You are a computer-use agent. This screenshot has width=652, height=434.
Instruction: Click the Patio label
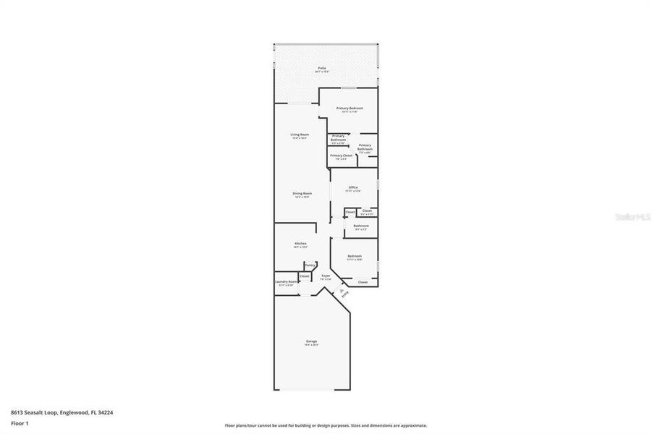(x=321, y=68)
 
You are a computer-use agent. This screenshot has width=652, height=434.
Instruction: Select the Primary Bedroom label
(x=350, y=108)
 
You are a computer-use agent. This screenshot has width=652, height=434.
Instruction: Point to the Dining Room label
(x=302, y=193)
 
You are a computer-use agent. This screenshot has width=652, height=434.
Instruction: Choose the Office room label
(x=353, y=187)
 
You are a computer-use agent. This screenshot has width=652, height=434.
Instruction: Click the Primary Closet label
(x=341, y=156)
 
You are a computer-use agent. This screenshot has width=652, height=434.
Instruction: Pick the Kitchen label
(x=300, y=243)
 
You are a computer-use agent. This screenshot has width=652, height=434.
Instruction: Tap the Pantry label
(x=310, y=265)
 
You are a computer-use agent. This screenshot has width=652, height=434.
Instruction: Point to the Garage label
(x=311, y=341)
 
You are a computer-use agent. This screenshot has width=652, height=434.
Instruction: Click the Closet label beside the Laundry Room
(x=305, y=276)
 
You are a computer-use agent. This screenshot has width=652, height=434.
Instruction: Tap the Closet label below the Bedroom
(x=363, y=282)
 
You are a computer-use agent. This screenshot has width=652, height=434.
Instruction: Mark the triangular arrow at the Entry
(x=341, y=291)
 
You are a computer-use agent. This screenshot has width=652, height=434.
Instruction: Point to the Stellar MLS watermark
(x=632, y=216)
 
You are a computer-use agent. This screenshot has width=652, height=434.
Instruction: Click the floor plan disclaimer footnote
(x=326, y=425)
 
